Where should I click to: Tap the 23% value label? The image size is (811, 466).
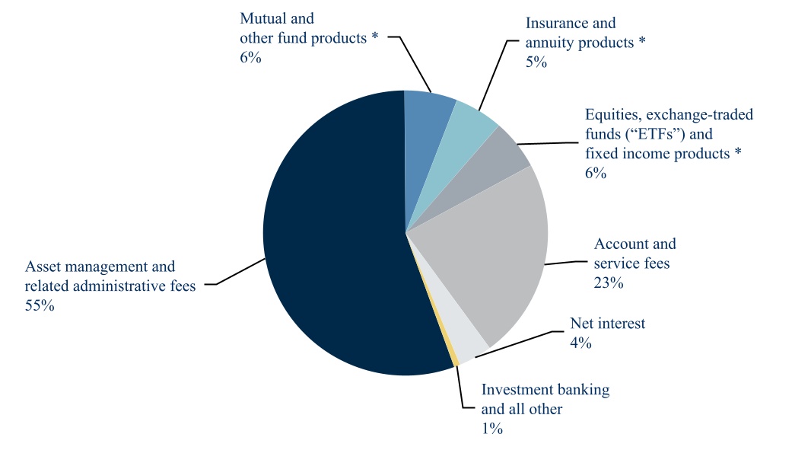[x=609, y=283]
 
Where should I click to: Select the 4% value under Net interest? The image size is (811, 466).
[x=580, y=343]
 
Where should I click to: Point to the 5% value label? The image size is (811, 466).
[x=536, y=62]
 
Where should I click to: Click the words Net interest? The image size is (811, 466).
[x=607, y=324]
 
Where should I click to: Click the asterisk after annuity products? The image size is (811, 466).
[x=642, y=43]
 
